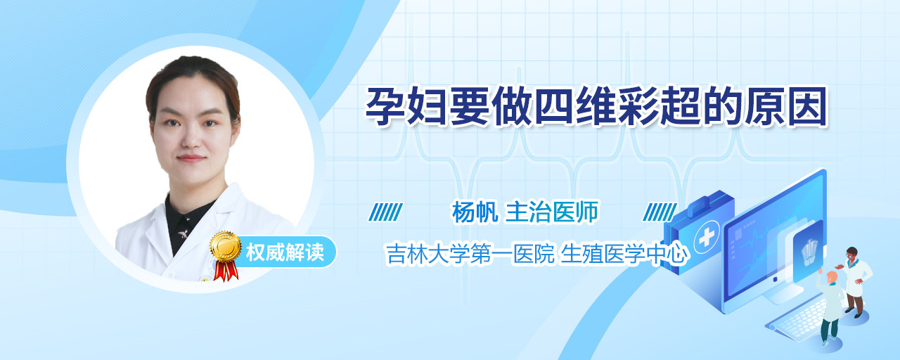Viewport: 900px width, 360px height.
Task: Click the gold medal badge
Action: [x=226, y=247]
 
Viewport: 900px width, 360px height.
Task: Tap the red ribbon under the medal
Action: [x=226, y=270]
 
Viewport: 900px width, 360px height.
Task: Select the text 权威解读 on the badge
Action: [x=285, y=252]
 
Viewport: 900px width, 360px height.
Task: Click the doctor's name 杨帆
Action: [x=475, y=212]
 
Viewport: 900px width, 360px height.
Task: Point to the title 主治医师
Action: [x=552, y=212]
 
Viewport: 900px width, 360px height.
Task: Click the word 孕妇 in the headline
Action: [x=406, y=106]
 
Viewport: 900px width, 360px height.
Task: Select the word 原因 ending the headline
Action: [x=786, y=106]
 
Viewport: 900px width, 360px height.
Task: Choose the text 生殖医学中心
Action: [x=624, y=254]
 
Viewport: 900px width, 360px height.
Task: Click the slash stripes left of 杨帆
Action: [x=386, y=212]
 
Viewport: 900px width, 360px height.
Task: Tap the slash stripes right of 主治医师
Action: [x=660, y=212]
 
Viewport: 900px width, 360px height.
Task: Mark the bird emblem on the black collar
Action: [x=184, y=233]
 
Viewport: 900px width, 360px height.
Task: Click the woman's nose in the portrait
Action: [x=192, y=137]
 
